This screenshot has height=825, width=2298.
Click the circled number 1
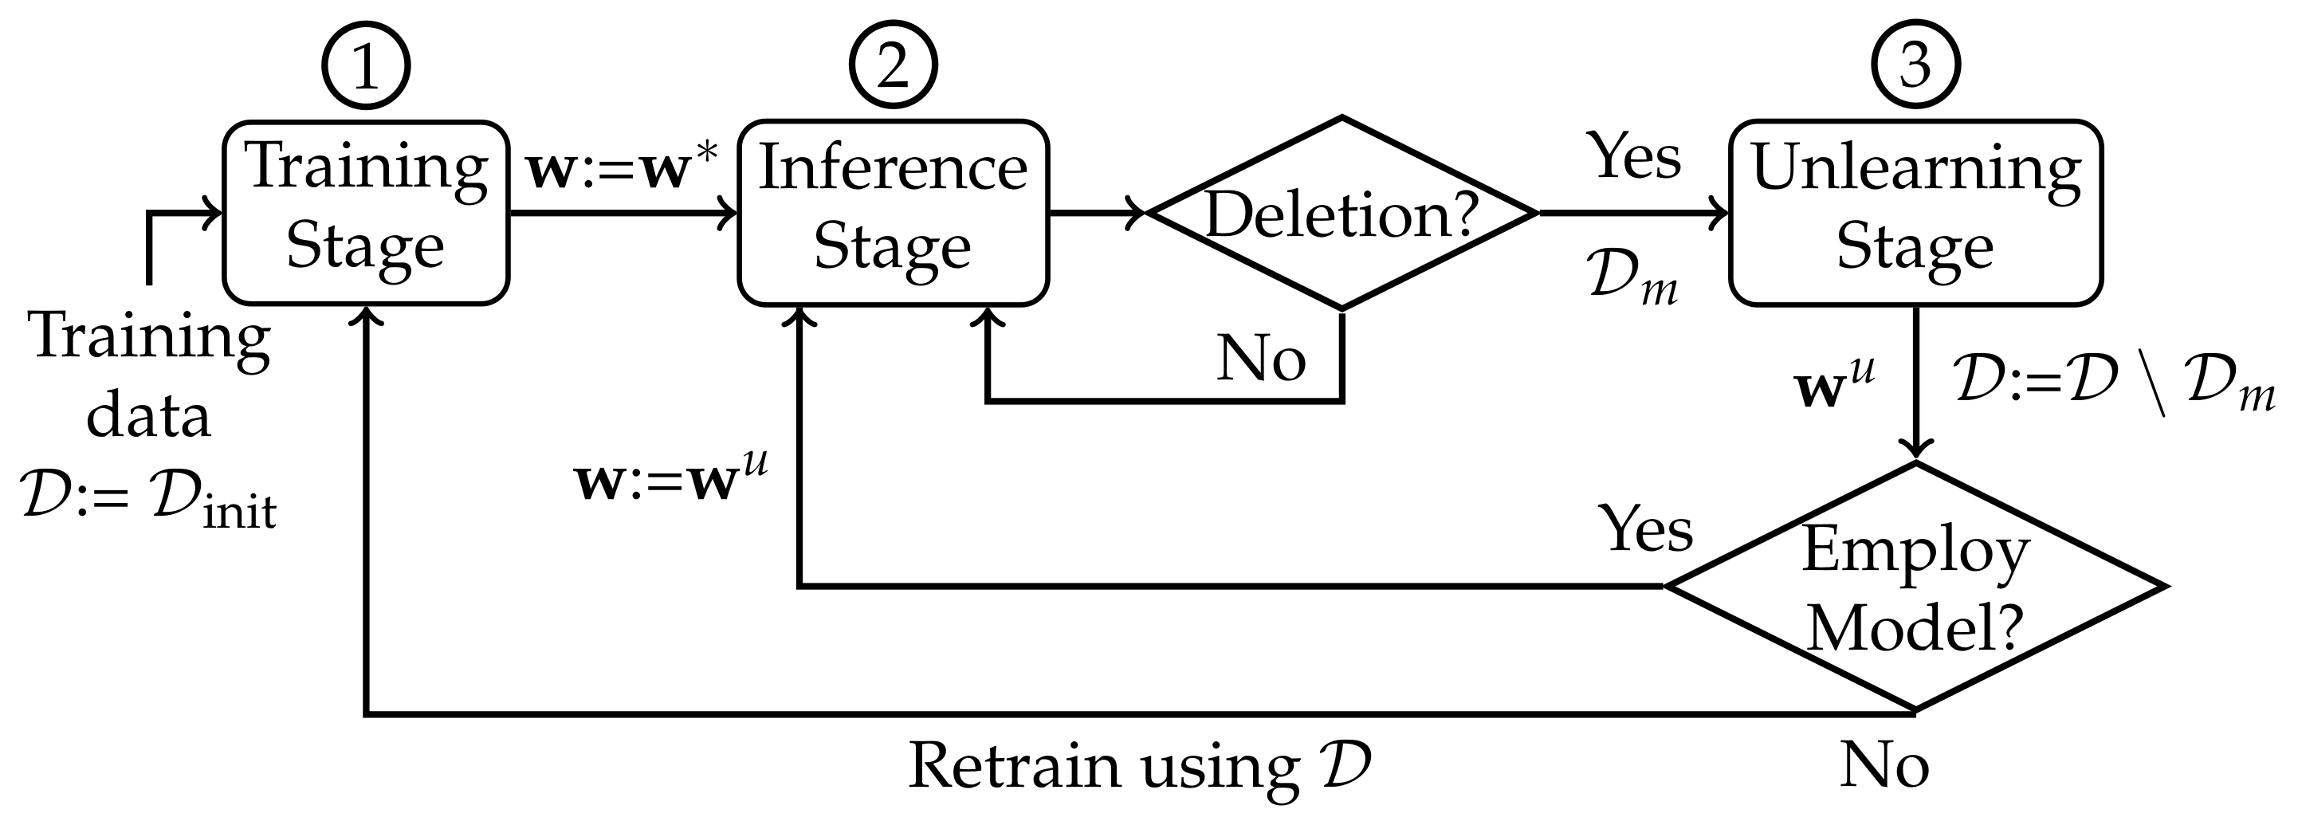(x=366, y=66)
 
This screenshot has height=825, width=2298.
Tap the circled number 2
(x=893, y=66)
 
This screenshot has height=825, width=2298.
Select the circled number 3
(x=1915, y=66)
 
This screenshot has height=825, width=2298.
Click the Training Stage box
(x=366, y=213)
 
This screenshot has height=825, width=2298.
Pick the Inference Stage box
(x=893, y=213)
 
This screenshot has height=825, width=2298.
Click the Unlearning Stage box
(x=1915, y=213)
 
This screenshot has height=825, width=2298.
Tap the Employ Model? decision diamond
(x=1915, y=587)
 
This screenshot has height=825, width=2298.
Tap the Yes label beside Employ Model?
(x=1647, y=530)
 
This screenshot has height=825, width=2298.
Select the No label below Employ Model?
(x=1884, y=765)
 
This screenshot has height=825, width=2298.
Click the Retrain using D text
(x=1138, y=765)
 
